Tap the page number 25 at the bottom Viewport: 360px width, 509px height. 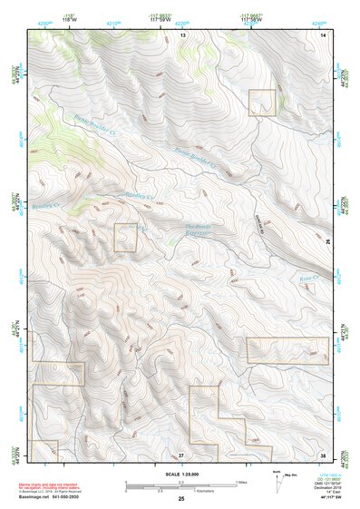[x=180, y=499]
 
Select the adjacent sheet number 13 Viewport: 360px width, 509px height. [x=181, y=34]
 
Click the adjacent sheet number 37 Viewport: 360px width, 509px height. [x=181, y=453]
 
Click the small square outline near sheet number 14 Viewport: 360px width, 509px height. [x=262, y=103]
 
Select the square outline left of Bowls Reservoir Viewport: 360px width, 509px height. [x=125, y=238]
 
